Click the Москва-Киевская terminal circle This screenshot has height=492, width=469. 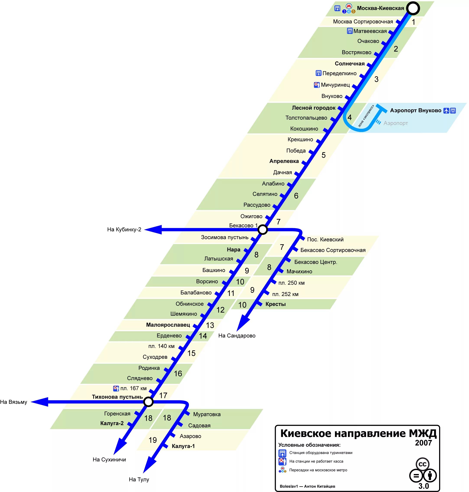point(413,8)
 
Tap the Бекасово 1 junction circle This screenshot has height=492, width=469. point(263,229)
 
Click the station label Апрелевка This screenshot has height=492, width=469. point(284,161)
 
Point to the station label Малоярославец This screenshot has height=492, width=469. point(168,325)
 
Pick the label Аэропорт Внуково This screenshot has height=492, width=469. point(415,110)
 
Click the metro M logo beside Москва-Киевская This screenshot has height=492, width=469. point(349,6)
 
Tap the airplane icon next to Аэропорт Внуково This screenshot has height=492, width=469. point(446,110)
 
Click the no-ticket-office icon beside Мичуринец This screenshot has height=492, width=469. point(317,85)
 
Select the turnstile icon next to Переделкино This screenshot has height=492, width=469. point(318,73)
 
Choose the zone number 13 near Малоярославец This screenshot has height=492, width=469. point(210,325)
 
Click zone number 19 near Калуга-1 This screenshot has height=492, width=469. point(153,440)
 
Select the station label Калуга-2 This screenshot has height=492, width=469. point(112,423)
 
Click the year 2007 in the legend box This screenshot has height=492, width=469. point(424,443)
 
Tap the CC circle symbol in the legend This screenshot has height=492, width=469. point(422,464)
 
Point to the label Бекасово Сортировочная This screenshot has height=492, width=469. point(333,250)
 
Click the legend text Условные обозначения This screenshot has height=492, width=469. point(309,445)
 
